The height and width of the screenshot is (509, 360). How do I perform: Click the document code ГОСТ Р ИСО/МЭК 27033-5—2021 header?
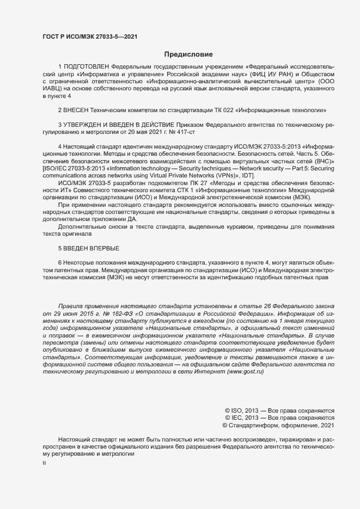pyautogui.click(x=89, y=36)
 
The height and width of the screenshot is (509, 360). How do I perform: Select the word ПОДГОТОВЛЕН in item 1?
pyautogui.click(x=89, y=66)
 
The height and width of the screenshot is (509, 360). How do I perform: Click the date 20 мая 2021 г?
pyautogui.click(x=143, y=132)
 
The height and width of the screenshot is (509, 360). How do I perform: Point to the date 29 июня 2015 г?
pyautogui.click(x=72, y=314)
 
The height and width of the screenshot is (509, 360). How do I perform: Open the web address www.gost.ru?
pyautogui.click(x=245, y=371)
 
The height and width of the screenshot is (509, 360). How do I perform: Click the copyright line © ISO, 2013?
pyautogui.click(x=243, y=410)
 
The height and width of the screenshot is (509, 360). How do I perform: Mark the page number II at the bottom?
pyautogui.click(x=45, y=463)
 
